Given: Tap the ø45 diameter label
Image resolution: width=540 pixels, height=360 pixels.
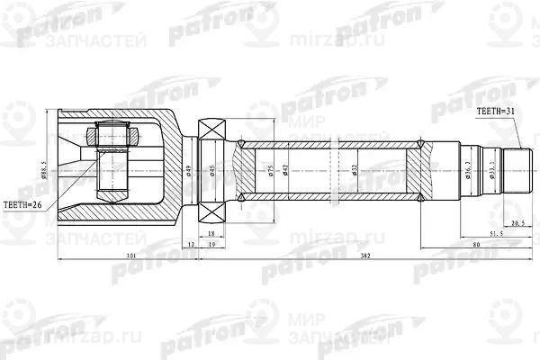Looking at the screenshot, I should pyautogui.click(x=213, y=168).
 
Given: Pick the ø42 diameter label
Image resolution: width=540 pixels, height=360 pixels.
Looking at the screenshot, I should pyautogui.click(x=285, y=168).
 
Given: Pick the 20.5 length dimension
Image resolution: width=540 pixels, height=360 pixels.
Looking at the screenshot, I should pyautogui.click(x=517, y=220).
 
